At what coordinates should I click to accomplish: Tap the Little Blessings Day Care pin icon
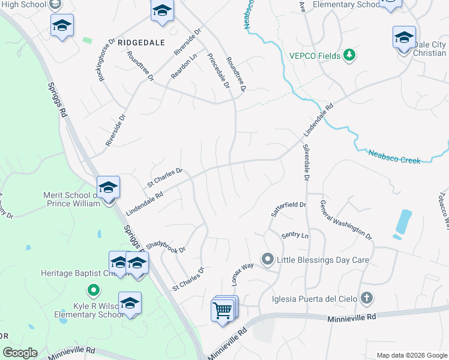point(267,260)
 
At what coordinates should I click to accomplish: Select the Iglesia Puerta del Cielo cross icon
point(367,298)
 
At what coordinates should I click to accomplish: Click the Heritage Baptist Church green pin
point(92,292)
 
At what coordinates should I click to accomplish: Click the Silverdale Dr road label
point(306,163)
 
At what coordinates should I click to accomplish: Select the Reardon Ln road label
point(184,66)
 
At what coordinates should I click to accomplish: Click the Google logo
point(20,353)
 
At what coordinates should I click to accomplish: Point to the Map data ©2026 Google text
point(411,355)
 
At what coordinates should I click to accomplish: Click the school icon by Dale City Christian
point(404,38)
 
